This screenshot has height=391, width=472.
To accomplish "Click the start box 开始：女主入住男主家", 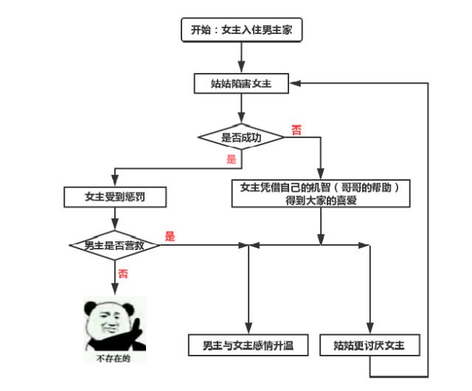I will [242, 30].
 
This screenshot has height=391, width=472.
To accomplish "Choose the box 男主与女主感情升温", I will [249, 345].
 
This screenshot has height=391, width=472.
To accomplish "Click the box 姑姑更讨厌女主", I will [371, 345].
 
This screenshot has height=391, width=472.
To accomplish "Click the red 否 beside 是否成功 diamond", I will [296, 131].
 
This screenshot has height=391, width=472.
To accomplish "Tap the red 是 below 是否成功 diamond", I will [230, 159].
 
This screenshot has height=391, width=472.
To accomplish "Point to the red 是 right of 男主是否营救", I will [170, 237].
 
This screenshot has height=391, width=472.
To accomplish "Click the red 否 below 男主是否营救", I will [122, 273].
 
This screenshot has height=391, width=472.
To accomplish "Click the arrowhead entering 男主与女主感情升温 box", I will [249, 331].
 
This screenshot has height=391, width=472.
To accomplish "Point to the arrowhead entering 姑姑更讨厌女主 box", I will [369, 331].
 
